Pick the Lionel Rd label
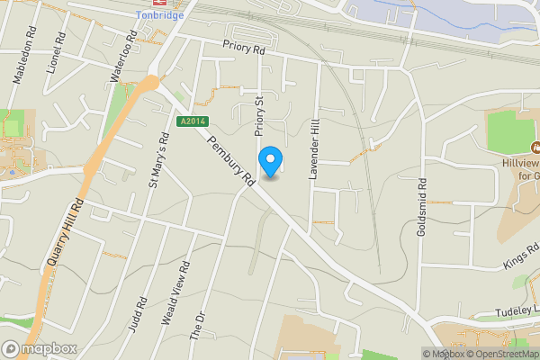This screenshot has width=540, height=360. click(60, 55)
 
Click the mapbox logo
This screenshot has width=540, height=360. click(40, 348)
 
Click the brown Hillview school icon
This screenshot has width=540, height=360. click(535, 148)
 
